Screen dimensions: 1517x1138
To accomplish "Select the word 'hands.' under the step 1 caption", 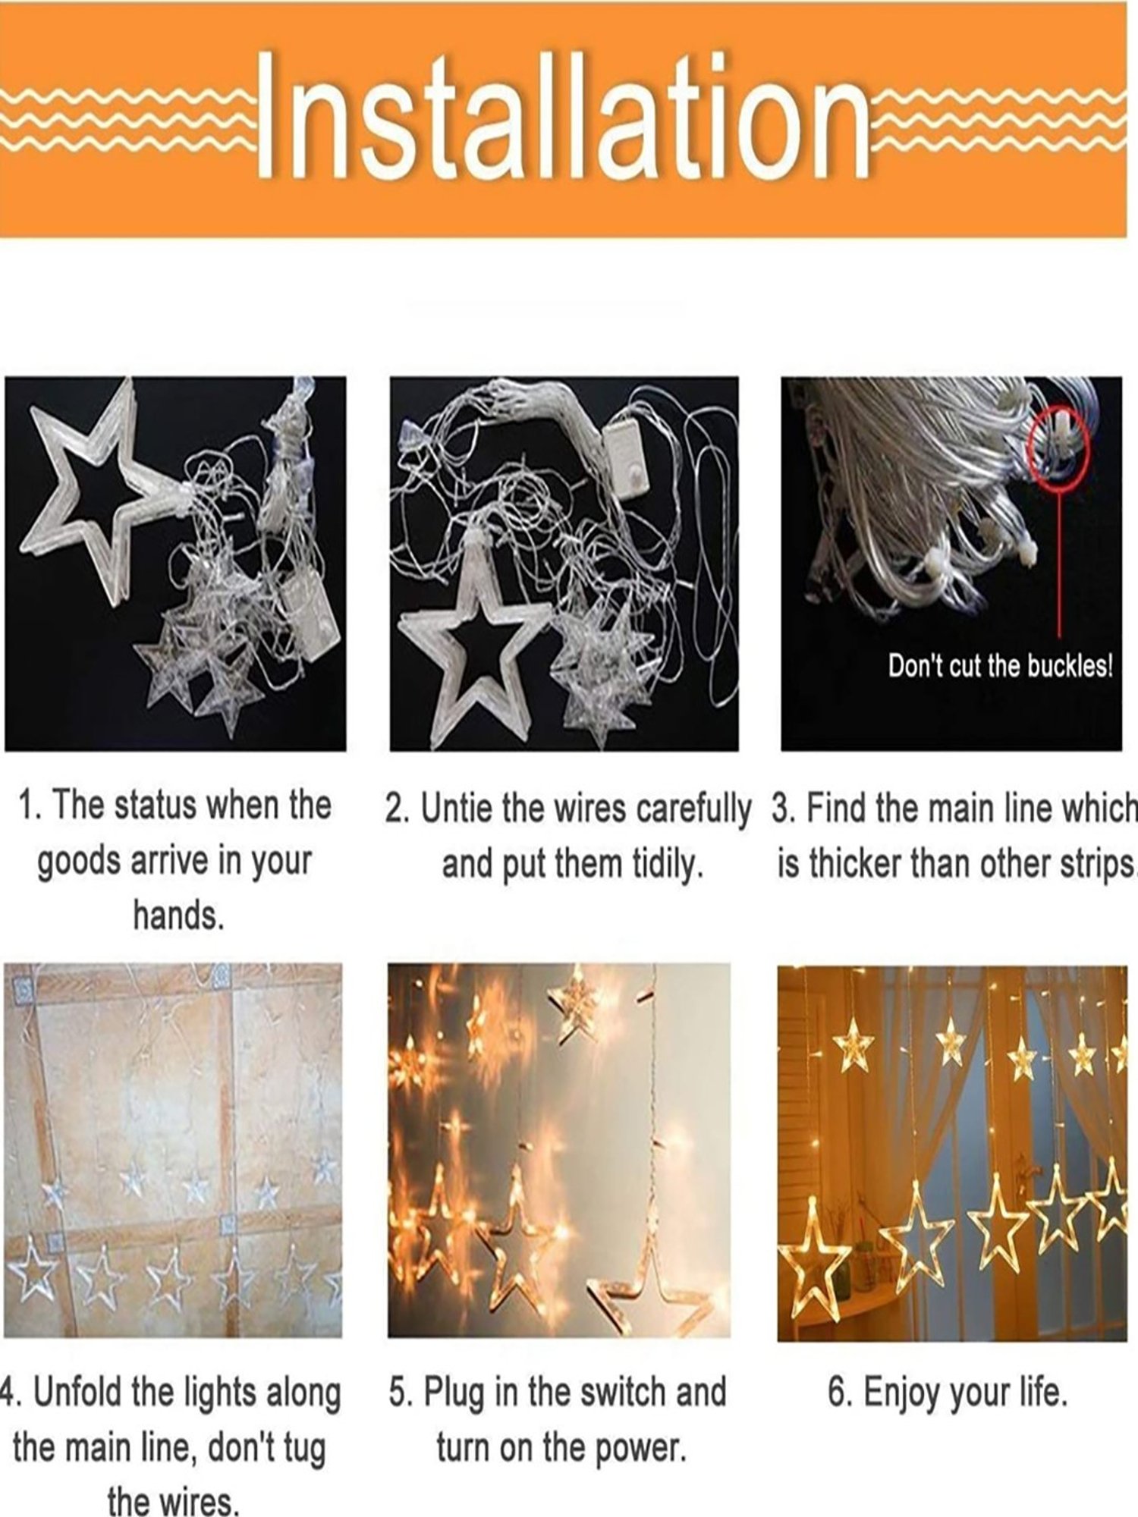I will coord(179,916).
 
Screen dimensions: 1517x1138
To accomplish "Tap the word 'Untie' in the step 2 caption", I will coord(457,809).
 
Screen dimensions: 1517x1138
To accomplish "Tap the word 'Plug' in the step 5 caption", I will coord(453,1393).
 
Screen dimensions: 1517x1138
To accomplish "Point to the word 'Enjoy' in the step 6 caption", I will coord(899,1393).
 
